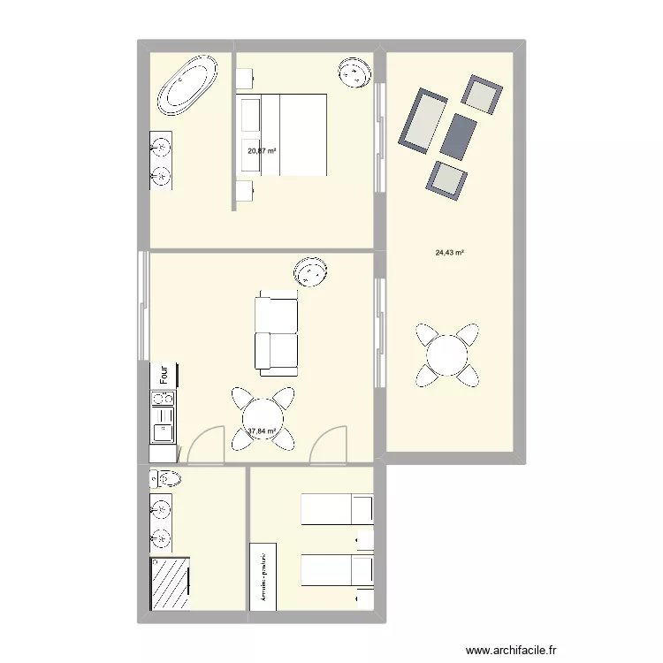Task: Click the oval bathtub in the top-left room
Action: point(187,85)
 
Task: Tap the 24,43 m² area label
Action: point(450,252)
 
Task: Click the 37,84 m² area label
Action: point(263,431)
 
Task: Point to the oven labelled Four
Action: point(164,374)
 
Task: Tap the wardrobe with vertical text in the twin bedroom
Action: point(263,575)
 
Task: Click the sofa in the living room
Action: point(276,333)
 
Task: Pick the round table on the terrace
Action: point(448,355)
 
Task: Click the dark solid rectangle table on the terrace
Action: point(459,136)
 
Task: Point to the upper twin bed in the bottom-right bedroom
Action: point(337,510)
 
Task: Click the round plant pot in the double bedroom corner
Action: point(355,71)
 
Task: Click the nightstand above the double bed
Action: point(247,79)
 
